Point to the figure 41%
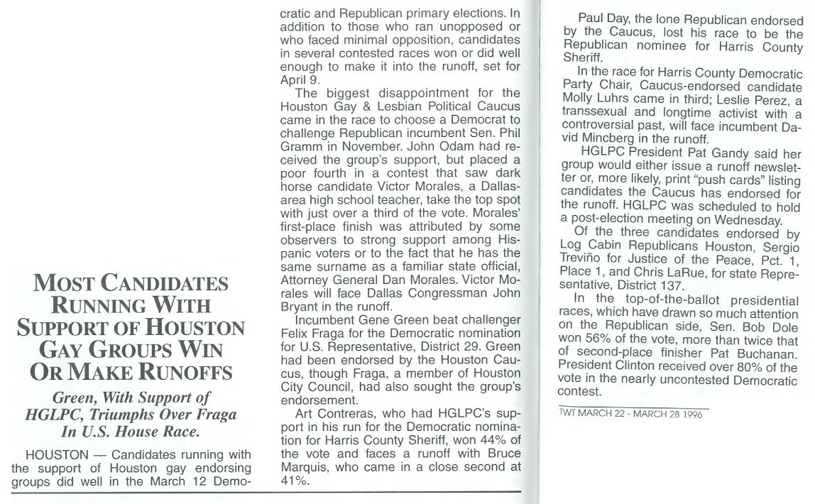293,480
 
